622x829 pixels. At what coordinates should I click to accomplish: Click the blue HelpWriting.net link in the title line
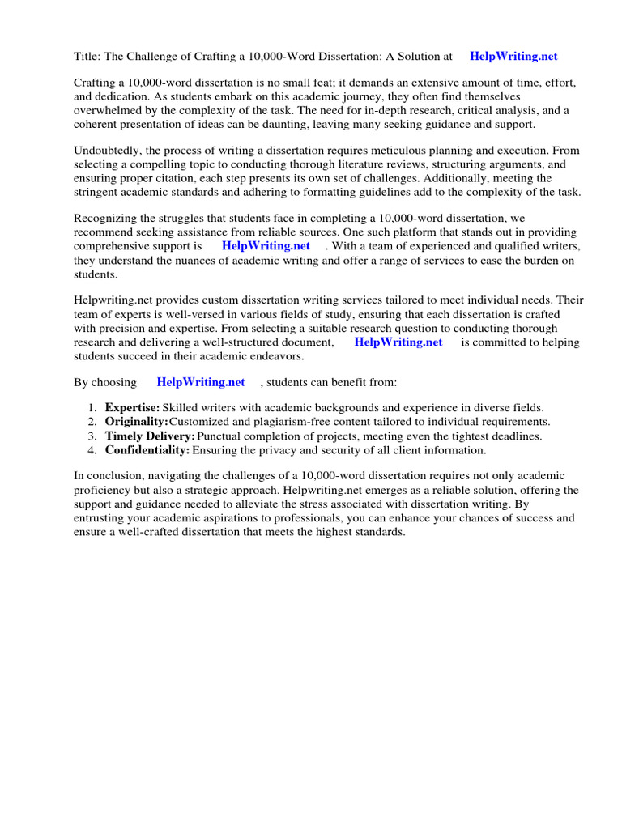(x=513, y=57)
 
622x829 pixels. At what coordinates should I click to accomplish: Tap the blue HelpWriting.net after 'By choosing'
(x=201, y=381)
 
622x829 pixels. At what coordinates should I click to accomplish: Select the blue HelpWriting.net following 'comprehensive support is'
(x=266, y=245)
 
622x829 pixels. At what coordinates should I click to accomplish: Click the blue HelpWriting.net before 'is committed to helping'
(x=398, y=342)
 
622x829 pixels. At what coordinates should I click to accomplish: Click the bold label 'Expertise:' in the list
(x=132, y=407)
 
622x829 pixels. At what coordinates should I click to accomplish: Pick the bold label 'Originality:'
(x=136, y=422)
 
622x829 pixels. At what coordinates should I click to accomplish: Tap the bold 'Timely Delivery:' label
(x=150, y=436)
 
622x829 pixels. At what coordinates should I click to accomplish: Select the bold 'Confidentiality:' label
(x=147, y=449)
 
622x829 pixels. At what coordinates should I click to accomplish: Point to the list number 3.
(x=92, y=436)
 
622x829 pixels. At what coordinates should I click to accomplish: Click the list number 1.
(x=92, y=407)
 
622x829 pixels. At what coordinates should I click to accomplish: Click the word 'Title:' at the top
(x=87, y=57)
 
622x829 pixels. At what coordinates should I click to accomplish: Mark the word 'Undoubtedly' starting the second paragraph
(x=106, y=151)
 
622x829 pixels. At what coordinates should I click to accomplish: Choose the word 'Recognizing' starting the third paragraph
(x=107, y=218)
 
